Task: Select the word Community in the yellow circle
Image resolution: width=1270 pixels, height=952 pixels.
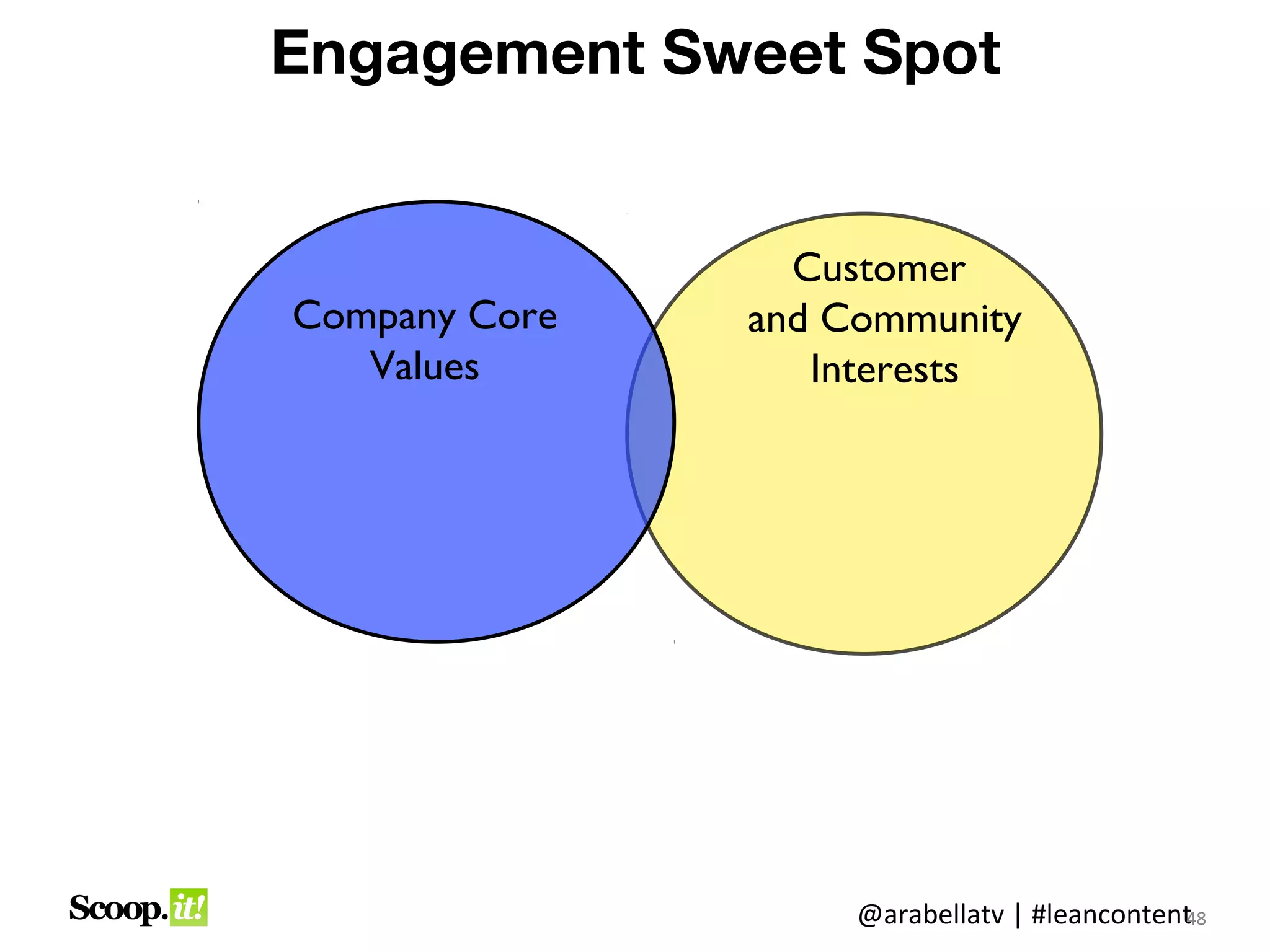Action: (x=920, y=320)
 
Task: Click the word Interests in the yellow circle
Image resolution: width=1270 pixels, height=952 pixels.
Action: (x=884, y=369)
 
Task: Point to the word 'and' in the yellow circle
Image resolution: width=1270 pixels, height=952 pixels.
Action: (x=778, y=320)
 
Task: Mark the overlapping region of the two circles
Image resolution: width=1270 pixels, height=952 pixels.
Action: (x=651, y=428)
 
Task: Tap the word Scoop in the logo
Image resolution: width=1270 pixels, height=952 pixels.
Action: (x=117, y=909)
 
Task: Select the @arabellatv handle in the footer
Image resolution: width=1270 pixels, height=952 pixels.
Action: (x=930, y=915)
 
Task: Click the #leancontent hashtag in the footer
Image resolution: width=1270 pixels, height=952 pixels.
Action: (x=1110, y=915)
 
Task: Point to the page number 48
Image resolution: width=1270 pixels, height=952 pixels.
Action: (x=1197, y=919)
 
